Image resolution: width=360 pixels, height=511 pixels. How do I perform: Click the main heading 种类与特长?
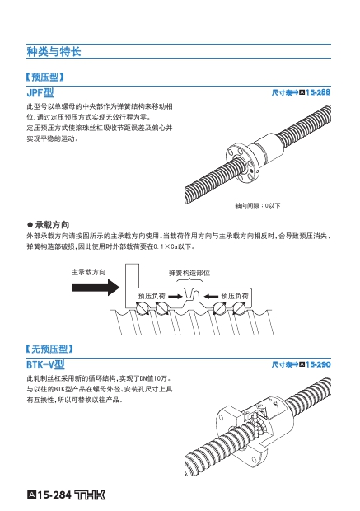tap(54, 52)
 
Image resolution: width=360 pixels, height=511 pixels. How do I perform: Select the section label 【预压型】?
tap(45, 77)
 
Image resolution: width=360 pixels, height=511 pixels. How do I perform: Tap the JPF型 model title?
tap(40, 93)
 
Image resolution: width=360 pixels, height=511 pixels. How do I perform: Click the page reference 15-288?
tap(318, 92)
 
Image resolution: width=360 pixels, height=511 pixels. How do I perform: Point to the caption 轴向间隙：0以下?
tap(258, 205)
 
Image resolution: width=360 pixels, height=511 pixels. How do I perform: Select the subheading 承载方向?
tap(52, 224)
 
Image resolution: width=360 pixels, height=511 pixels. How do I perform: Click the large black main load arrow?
tap(96, 287)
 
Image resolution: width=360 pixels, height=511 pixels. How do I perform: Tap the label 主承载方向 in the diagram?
tap(89, 272)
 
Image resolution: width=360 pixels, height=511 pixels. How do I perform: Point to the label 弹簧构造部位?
tap(189, 273)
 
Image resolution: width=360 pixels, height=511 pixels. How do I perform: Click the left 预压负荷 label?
tap(152, 296)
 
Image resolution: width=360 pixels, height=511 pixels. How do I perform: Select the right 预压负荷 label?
tap(235, 296)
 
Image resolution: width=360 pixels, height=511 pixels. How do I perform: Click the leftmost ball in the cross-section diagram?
tap(142, 308)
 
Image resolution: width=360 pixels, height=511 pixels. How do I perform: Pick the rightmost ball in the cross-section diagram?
tap(240, 308)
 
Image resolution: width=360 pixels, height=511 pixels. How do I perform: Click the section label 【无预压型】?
tap(49, 349)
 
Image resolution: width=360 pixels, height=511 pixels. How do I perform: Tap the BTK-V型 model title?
tap(45, 364)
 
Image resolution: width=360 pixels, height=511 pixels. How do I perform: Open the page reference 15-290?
tap(318, 364)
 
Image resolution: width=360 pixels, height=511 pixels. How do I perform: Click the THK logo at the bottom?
tap(91, 495)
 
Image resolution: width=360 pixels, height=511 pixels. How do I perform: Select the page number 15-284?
tap(54, 495)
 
